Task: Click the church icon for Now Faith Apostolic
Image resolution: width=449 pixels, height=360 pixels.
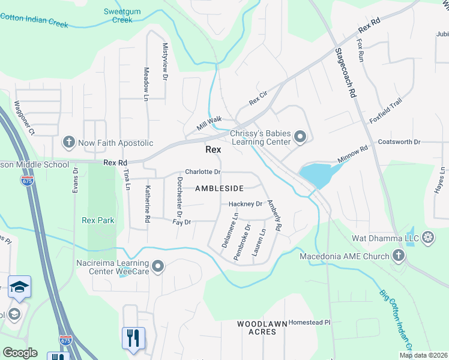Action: (69, 143)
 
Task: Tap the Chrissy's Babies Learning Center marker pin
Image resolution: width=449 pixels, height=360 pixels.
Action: (300, 139)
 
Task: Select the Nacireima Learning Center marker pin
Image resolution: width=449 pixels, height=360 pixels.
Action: (158, 266)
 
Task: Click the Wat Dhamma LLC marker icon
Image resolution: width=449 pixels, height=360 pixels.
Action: (428, 236)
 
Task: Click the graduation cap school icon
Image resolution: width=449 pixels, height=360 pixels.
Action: (19, 287)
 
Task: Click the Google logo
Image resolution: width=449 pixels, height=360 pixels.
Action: (20, 353)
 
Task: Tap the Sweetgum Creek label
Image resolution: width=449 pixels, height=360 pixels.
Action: (118, 16)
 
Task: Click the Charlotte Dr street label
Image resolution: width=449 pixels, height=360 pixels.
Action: (203, 172)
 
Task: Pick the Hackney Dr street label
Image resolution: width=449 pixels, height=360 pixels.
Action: (246, 204)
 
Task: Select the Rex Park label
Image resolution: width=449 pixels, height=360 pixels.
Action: (98, 220)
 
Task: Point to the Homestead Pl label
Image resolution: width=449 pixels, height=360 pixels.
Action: (309, 322)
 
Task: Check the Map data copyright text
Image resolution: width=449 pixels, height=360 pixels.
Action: (423, 355)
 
